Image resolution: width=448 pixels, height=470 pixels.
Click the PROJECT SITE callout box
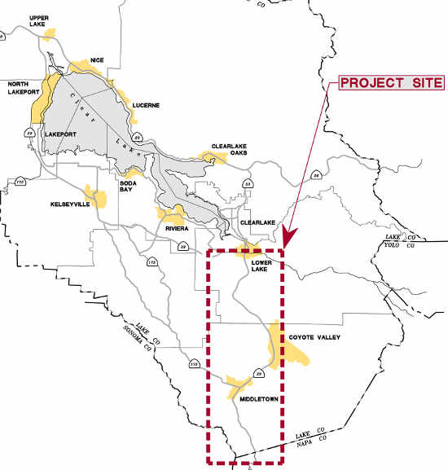coord(391,83)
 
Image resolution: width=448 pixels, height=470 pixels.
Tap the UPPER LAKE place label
coord(37,20)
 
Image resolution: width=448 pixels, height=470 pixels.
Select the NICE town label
coord(98,59)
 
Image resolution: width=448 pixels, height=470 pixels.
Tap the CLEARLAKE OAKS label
coord(229,150)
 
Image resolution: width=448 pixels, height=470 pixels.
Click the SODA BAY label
coord(131,176)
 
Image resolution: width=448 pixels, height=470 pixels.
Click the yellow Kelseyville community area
coord(98,197)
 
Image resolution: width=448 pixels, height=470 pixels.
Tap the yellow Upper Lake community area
coord(52,33)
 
